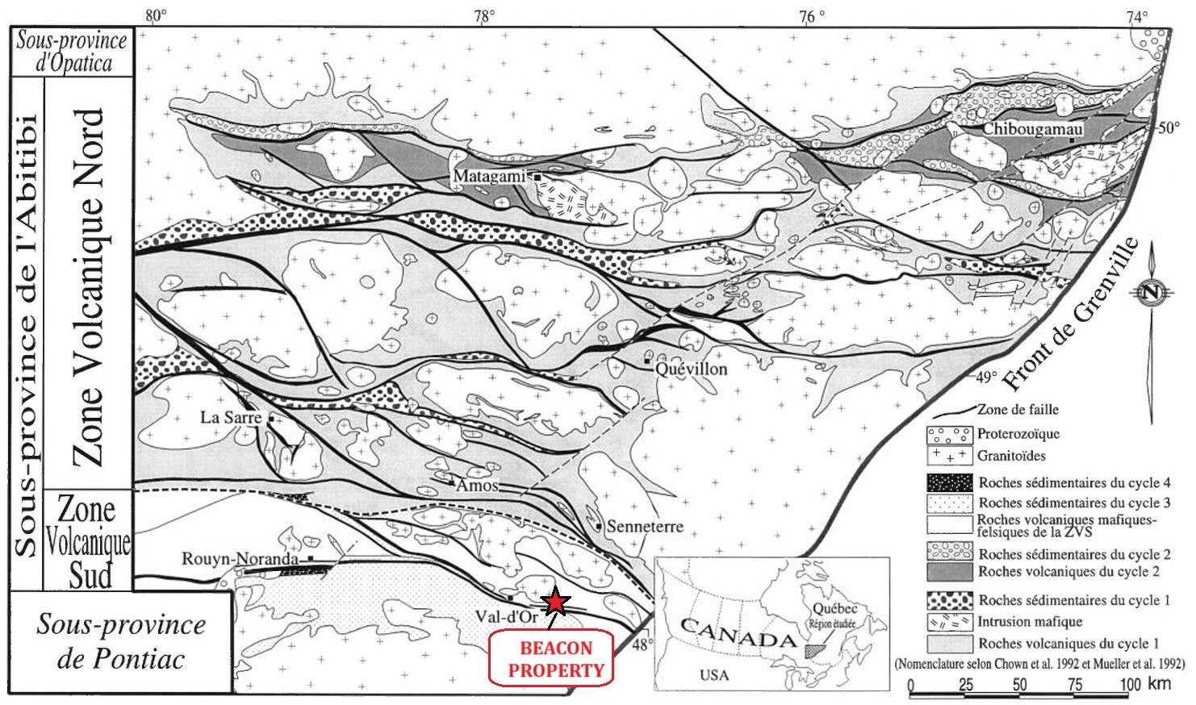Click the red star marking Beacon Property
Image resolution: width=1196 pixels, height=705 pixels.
[555, 602]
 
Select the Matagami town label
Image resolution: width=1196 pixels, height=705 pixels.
[489, 176]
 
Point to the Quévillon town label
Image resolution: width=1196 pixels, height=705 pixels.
[691, 369]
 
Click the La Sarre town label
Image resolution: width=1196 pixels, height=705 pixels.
[231, 417]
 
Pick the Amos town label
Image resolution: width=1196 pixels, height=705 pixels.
[477, 486]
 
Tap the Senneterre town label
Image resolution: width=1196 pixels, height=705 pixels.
[645, 527]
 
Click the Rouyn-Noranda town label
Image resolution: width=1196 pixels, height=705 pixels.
[240, 558]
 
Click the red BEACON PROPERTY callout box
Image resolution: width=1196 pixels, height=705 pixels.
[552, 659]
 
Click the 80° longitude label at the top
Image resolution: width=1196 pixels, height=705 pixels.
[156, 15]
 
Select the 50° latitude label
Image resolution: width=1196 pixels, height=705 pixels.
[1169, 127]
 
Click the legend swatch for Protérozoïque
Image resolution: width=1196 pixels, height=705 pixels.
[949, 435]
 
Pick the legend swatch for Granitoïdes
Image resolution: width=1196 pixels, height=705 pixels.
[949, 456]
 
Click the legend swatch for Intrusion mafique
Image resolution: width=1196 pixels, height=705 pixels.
[949, 622]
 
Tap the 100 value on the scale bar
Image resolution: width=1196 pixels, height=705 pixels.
[1130, 685]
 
